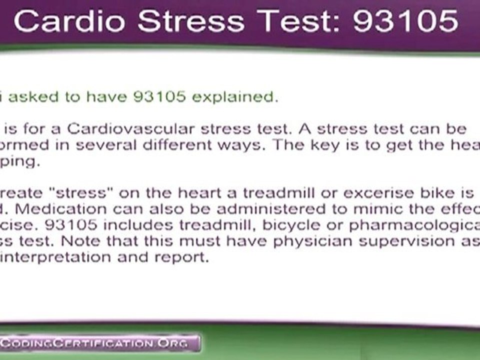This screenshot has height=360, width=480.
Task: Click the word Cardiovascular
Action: pos(131,128)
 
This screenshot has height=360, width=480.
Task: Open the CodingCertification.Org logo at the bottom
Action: pos(95,343)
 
